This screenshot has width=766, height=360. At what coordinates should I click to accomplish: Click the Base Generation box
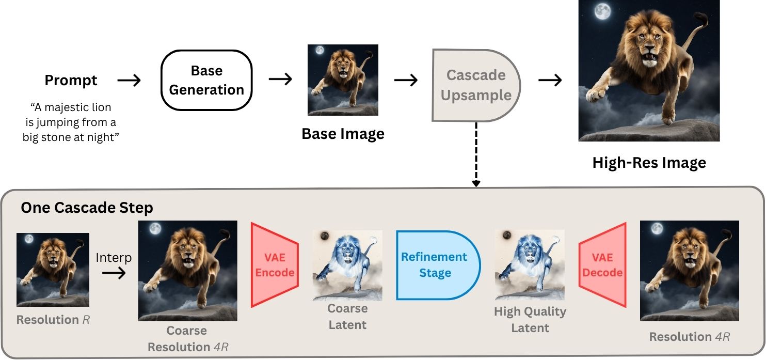[x=206, y=80]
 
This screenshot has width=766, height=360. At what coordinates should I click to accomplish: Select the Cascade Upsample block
[x=476, y=85]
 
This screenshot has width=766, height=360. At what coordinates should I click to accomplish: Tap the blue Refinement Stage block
[x=438, y=265]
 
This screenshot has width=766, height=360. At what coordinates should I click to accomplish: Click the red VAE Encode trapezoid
[x=275, y=265]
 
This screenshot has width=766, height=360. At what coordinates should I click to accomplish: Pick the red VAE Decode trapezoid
[x=602, y=265]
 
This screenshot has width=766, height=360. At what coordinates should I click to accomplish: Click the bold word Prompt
[x=71, y=81]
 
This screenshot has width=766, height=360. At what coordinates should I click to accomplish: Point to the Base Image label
[x=343, y=134]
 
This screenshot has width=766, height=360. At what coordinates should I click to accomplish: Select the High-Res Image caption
[x=649, y=163]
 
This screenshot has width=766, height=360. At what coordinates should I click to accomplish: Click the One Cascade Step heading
[x=87, y=208]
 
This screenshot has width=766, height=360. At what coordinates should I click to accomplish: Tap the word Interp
[x=114, y=258]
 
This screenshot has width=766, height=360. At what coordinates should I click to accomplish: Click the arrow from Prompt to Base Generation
[x=129, y=81]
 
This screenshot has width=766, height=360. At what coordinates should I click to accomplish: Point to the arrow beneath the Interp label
[x=114, y=273]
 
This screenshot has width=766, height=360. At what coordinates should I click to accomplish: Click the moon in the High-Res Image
[x=602, y=12]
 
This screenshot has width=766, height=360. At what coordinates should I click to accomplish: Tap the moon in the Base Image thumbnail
[x=320, y=50]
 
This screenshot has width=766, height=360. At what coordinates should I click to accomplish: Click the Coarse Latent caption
[x=347, y=317]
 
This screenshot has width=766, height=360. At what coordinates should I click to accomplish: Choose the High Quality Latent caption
[x=530, y=320]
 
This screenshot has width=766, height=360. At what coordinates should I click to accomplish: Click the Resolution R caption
[x=53, y=320]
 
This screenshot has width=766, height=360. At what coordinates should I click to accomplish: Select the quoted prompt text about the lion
[x=71, y=122]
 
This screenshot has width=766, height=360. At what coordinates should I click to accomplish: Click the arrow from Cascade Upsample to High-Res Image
[x=550, y=81]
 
